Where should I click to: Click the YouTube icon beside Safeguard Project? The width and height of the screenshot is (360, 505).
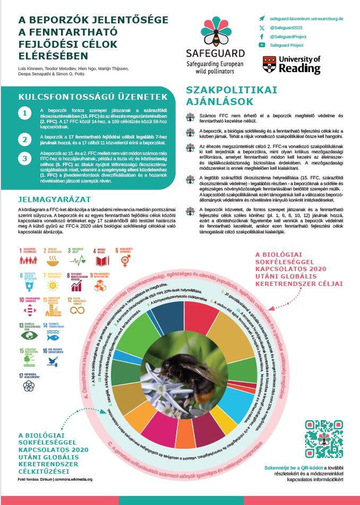[262, 46]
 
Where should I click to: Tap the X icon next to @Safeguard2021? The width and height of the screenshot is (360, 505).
[262, 27]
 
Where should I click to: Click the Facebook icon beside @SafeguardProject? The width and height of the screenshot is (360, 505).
[262, 37]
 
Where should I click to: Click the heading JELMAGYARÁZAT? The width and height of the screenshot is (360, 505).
[51, 199]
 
